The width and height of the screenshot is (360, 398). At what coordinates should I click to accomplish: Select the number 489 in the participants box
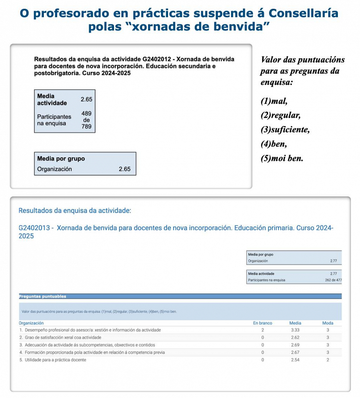point(86,113)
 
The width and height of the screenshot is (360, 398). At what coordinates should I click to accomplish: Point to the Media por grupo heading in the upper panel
point(61,159)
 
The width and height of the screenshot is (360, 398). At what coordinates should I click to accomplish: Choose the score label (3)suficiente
point(285,130)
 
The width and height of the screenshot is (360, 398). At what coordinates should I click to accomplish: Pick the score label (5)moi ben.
point(282,158)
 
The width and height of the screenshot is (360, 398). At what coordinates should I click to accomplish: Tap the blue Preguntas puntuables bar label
point(43,296)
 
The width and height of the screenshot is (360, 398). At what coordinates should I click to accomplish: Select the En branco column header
point(263,323)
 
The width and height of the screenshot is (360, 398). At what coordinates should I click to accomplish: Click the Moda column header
point(328,323)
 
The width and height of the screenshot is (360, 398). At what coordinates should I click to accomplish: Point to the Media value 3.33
point(295,330)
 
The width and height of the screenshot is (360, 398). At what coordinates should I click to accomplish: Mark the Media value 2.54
point(295,360)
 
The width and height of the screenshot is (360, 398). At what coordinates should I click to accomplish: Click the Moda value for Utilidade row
point(328,360)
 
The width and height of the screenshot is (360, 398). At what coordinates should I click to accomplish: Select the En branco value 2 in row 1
point(263,330)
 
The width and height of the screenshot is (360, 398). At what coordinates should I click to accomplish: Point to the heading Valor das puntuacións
point(303,60)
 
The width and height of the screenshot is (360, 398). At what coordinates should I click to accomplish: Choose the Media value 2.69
point(295,345)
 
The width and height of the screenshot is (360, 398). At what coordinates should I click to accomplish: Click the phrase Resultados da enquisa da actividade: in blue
point(75,211)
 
